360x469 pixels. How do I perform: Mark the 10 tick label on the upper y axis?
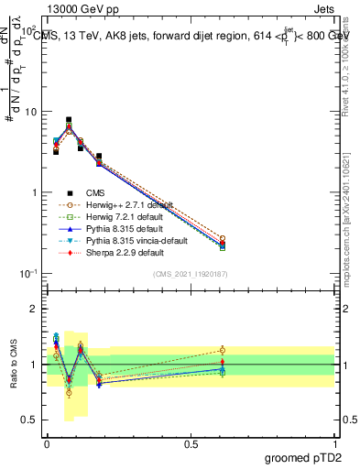(29, 112)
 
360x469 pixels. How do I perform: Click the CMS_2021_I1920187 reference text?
(191, 274)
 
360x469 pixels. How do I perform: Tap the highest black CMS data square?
(69, 120)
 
